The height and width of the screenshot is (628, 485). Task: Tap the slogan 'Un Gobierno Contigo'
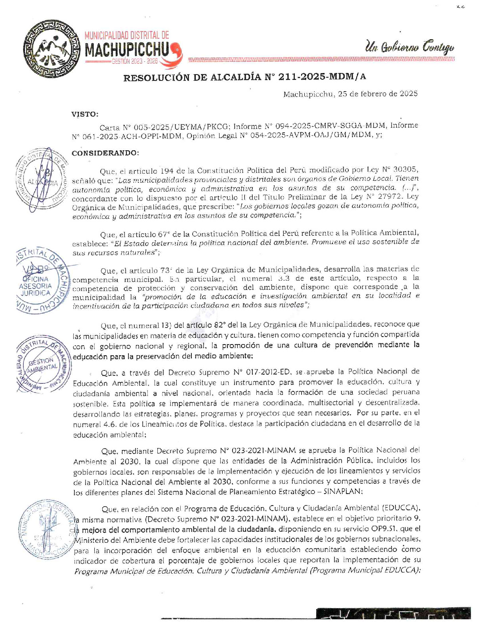point(409,47)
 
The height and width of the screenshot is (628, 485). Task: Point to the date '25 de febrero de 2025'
point(378,94)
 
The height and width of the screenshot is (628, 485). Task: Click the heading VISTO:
point(85,115)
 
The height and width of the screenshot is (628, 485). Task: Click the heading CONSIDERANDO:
point(105,153)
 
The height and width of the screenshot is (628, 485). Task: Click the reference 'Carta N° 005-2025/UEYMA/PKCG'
point(164,127)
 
